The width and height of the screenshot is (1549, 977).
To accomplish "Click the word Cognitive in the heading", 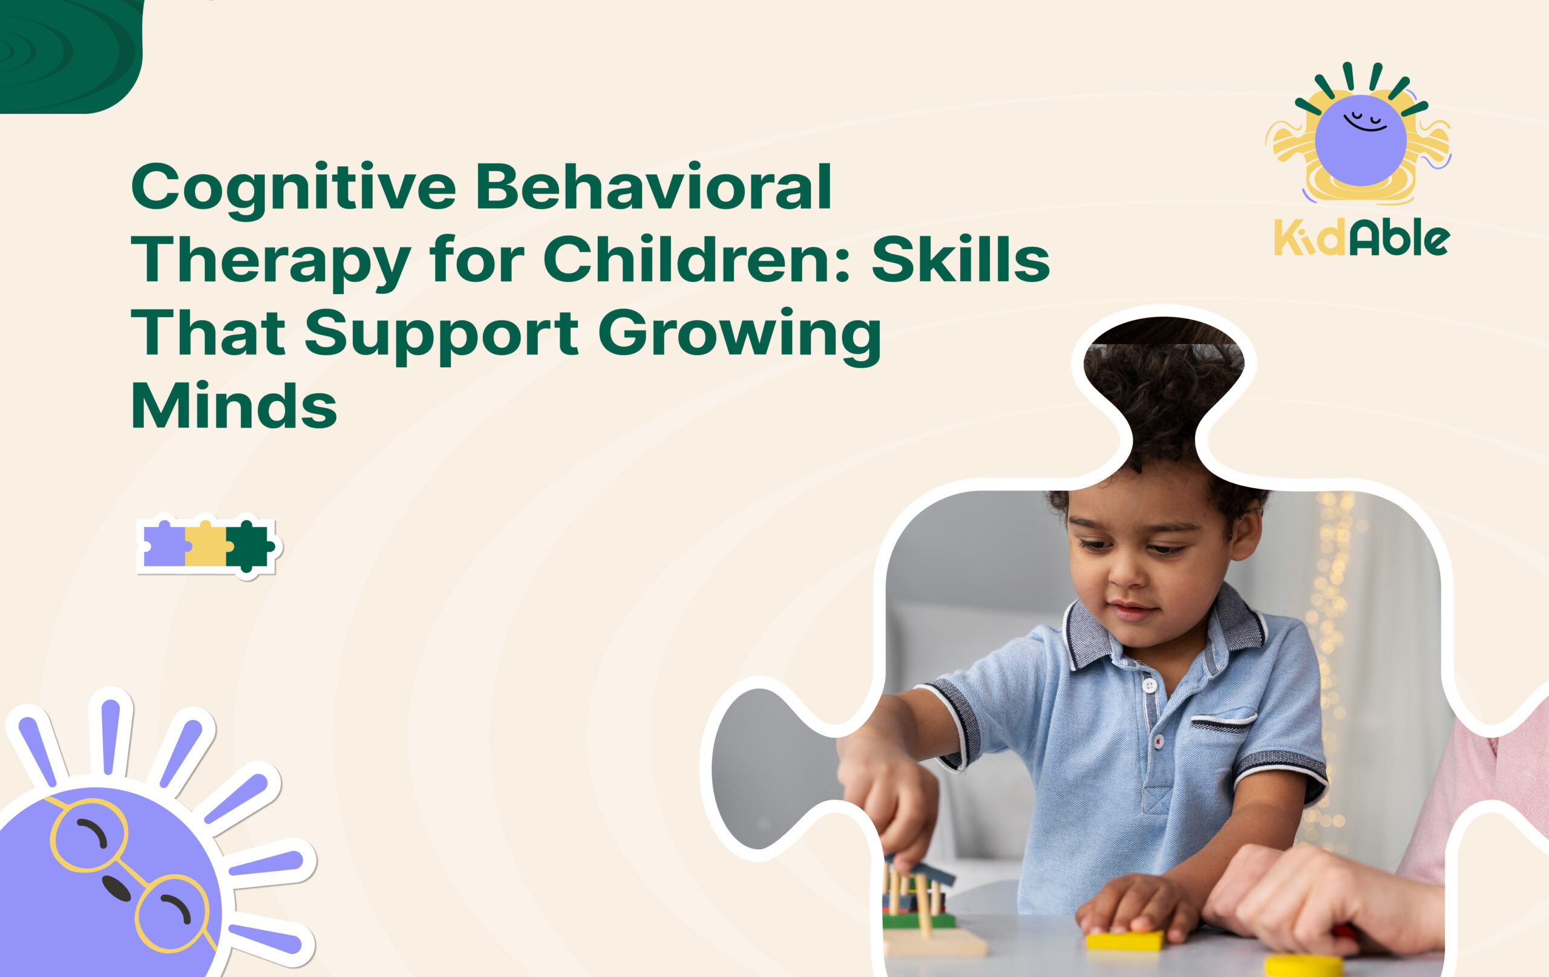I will (293, 187).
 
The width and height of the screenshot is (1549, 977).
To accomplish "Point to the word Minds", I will (234, 406).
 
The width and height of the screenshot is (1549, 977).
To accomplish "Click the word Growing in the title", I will (740, 335).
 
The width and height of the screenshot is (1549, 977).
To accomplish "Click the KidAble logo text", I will (1362, 240).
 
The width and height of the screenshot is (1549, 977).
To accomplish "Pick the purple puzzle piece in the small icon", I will (164, 546).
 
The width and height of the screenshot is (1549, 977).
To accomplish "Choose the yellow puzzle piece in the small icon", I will (206, 546).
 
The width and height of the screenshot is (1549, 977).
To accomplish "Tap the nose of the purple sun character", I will (116, 887).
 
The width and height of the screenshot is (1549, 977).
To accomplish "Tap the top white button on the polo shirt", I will (1149, 685).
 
